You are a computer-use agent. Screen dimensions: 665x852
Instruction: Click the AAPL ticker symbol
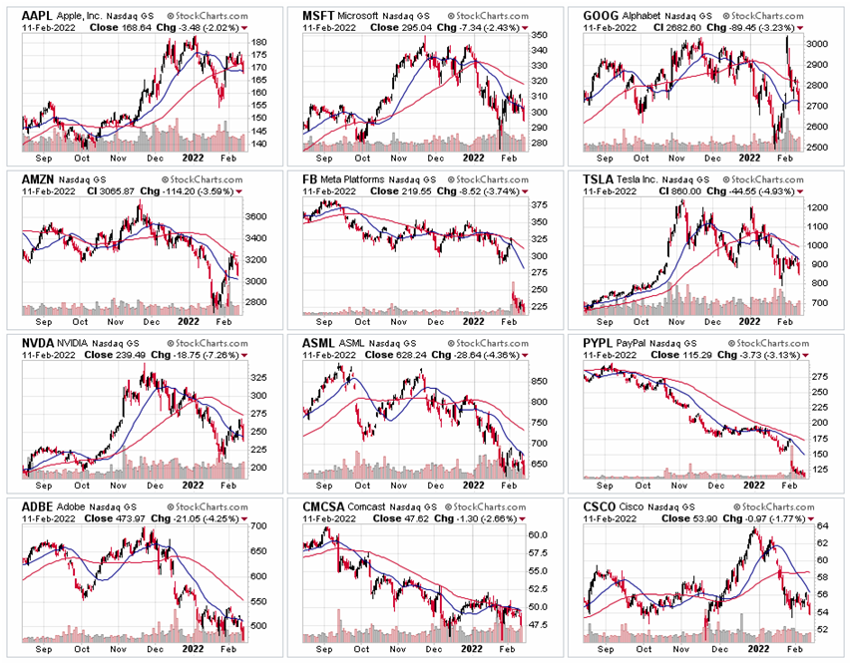[x=38, y=16]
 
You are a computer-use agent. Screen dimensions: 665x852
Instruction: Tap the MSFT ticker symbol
[x=319, y=16]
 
